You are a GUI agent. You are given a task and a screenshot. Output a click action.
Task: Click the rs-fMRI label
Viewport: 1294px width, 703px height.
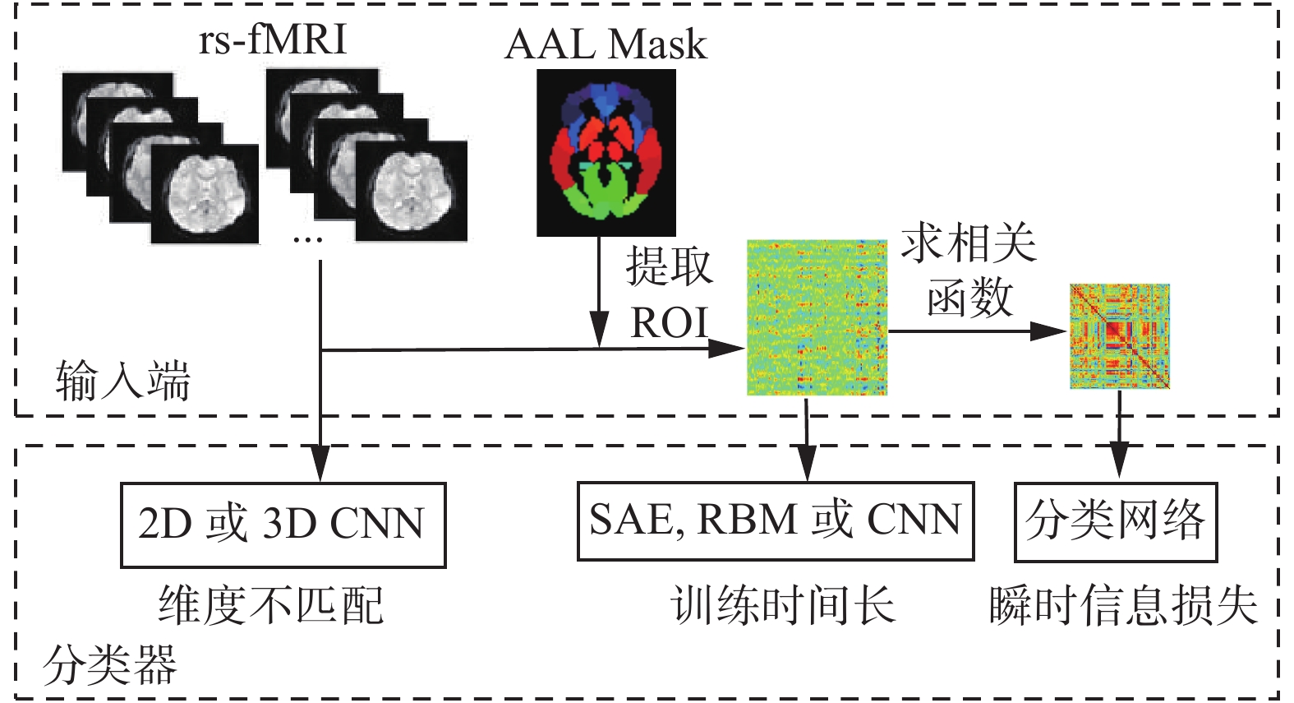(273, 39)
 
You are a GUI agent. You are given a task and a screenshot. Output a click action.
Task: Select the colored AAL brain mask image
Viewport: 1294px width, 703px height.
(606, 152)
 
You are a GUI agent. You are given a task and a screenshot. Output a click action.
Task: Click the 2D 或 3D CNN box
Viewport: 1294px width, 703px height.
(283, 525)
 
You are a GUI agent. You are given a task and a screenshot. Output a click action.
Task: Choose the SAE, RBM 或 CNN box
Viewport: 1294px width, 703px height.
(775, 520)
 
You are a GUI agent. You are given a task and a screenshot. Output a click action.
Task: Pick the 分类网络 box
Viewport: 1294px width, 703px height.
(1115, 521)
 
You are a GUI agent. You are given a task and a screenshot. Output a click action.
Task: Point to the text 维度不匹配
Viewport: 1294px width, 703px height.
(271, 606)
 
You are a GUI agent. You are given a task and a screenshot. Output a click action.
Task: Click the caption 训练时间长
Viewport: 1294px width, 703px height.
(782, 606)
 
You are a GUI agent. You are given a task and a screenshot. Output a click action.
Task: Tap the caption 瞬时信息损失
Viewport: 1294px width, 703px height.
(1123, 606)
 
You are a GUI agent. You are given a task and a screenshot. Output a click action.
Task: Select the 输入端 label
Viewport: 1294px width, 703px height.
(123, 382)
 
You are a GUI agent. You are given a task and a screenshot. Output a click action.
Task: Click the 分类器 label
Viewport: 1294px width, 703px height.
(110, 664)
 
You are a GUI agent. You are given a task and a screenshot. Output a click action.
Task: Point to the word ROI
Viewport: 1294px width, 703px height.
(669, 323)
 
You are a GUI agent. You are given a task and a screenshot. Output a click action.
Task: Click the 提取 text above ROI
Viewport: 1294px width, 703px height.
(669, 266)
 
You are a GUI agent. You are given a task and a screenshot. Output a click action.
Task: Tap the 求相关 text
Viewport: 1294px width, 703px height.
(969, 244)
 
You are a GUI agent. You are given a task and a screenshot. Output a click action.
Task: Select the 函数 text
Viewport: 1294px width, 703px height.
(969, 298)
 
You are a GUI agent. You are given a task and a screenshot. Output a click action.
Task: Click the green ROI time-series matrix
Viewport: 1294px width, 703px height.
(817, 317)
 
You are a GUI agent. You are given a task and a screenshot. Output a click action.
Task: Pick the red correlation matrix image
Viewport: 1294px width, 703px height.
(1119, 336)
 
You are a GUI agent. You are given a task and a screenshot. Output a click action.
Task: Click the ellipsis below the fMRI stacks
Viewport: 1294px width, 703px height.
(307, 240)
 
